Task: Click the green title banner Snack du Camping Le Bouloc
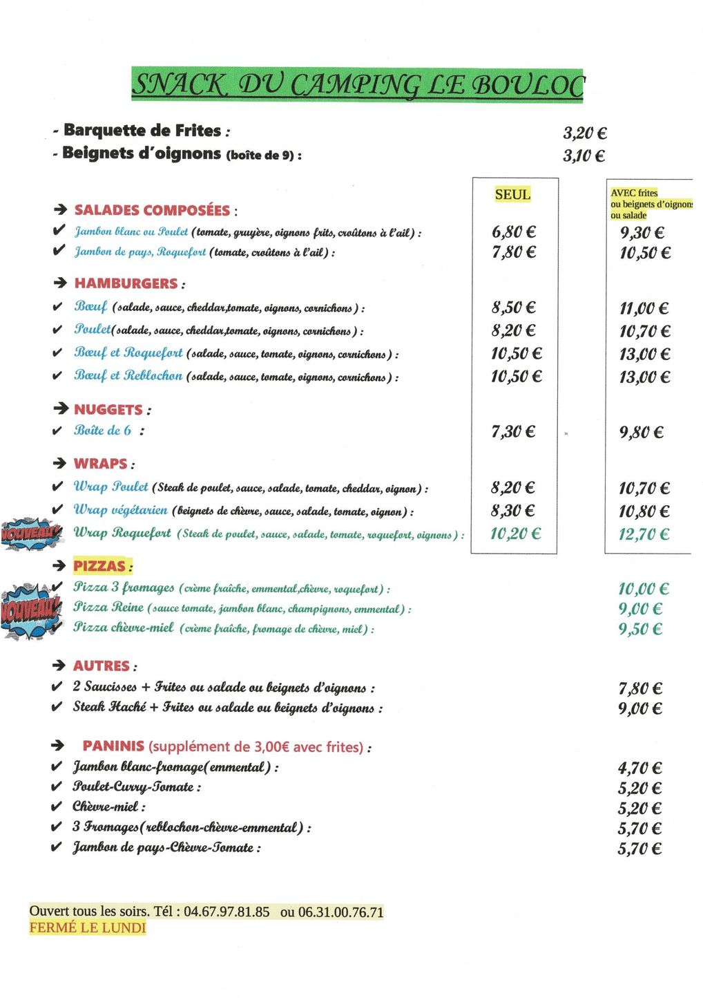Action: (x=357, y=85)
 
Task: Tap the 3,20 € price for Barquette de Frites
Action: (x=584, y=133)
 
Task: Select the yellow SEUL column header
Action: (x=512, y=195)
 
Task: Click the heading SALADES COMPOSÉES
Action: (x=152, y=210)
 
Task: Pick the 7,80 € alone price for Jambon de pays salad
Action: (x=514, y=252)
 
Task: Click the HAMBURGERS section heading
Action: (x=126, y=283)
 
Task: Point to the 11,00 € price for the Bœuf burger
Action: (x=644, y=308)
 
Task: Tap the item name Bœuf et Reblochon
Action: (x=128, y=376)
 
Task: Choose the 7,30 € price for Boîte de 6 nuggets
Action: (x=513, y=432)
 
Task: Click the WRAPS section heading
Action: (x=101, y=464)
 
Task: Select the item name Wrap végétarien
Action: (x=120, y=510)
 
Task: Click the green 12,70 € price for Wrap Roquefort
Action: (x=644, y=534)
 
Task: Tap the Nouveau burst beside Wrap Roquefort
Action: (x=31, y=533)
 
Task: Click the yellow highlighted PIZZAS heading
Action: (x=100, y=566)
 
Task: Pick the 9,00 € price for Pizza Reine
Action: (x=639, y=609)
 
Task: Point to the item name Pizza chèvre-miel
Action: (x=124, y=628)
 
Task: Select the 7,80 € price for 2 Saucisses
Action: (x=639, y=688)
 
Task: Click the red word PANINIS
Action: (x=113, y=746)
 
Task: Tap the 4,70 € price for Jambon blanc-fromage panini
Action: (x=639, y=768)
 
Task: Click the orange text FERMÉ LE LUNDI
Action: (x=88, y=928)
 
